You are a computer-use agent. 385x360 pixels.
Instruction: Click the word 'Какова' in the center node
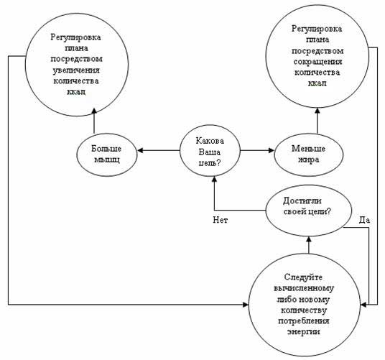(x=210, y=141)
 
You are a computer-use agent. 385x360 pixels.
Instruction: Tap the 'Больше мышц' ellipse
(x=106, y=154)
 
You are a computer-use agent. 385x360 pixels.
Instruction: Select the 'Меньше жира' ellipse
(x=308, y=154)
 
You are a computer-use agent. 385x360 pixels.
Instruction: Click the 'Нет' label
(x=221, y=220)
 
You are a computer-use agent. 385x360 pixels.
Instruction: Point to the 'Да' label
(x=364, y=220)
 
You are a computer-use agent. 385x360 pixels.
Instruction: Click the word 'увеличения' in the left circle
(x=76, y=70)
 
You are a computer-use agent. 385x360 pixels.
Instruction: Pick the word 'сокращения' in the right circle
(x=317, y=62)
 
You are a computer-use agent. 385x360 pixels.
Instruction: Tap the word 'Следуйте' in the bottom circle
(x=303, y=277)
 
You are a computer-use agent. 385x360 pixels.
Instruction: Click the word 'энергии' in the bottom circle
(x=304, y=332)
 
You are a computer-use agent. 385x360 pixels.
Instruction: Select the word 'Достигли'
(x=302, y=201)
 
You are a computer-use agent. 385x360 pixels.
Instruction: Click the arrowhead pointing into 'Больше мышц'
(x=140, y=150)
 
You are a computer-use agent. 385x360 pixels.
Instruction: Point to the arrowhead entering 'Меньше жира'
(x=271, y=150)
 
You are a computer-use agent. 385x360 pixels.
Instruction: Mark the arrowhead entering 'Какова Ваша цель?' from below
(x=214, y=179)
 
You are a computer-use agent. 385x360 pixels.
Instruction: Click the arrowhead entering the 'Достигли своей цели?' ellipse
(x=309, y=239)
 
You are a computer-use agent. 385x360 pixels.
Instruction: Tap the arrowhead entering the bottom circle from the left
(x=246, y=305)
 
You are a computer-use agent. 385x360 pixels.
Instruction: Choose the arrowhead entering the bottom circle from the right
(x=364, y=305)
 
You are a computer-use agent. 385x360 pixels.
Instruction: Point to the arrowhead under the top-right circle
(x=317, y=111)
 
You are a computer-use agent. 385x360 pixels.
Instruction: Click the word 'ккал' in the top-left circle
(x=76, y=92)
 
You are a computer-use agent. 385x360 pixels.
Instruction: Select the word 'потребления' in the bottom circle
(x=304, y=321)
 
